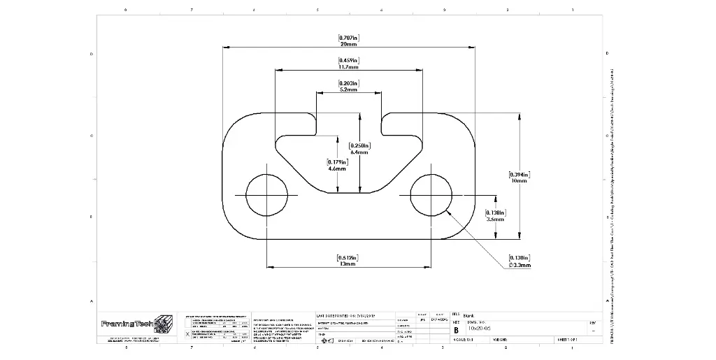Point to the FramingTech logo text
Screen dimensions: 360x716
coord(127,324)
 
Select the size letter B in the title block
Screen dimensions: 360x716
coord(457,329)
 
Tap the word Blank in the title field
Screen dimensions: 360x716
coord(468,316)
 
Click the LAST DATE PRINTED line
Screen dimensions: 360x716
coord(345,316)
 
